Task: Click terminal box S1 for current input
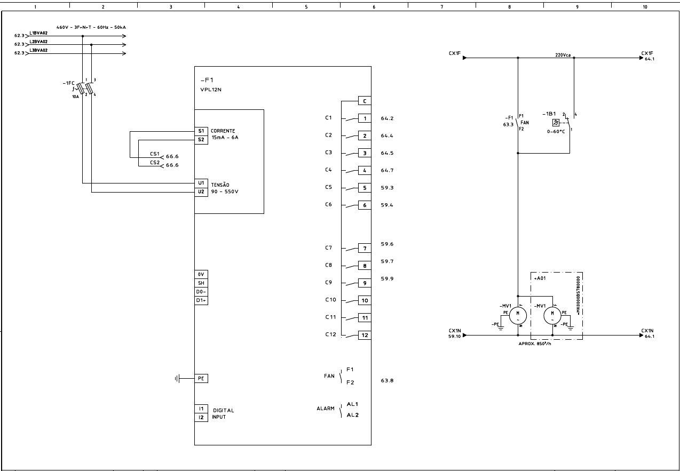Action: pyautogui.click(x=201, y=131)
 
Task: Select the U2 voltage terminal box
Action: pyautogui.click(x=201, y=191)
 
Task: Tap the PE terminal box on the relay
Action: pyautogui.click(x=201, y=378)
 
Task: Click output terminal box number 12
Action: pyautogui.click(x=365, y=336)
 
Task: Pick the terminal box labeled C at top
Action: pyautogui.click(x=365, y=101)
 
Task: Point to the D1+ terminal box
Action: pyautogui.click(x=201, y=300)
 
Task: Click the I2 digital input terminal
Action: pyautogui.click(x=201, y=417)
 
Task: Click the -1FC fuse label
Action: pyautogui.click(x=68, y=83)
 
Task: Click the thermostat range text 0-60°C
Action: pyautogui.click(x=555, y=131)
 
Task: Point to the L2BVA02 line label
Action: pyautogui.click(x=38, y=42)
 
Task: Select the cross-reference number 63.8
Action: pyautogui.click(x=387, y=380)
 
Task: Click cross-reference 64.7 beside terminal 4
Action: pyautogui.click(x=387, y=170)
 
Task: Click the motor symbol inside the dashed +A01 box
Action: pyautogui.click(x=552, y=316)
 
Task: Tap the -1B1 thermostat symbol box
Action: pyautogui.click(x=556, y=122)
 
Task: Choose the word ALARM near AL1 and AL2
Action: pyautogui.click(x=326, y=409)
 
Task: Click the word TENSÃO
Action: pyautogui.click(x=220, y=185)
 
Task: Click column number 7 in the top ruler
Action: pyautogui.click(x=442, y=7)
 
